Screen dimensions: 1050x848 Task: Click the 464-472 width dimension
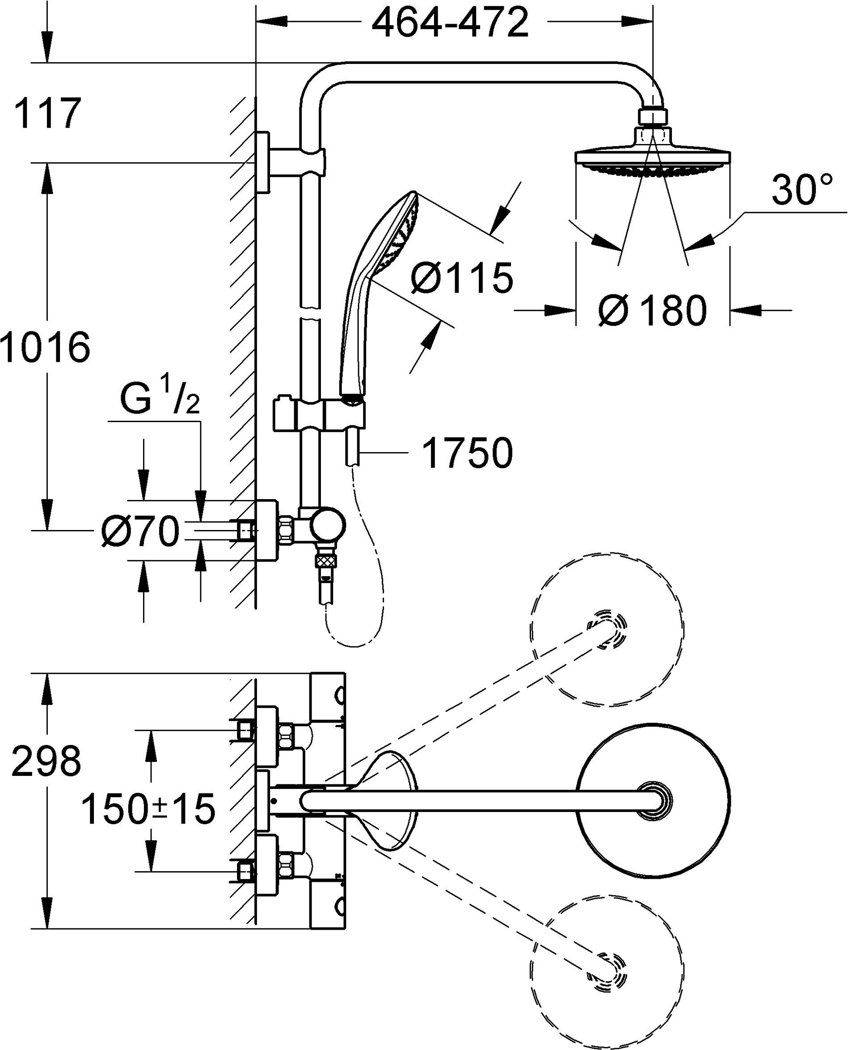tap(450, 22)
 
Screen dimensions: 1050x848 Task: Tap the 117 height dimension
tap(47, 114)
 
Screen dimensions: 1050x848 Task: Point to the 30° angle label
tap(802, 190)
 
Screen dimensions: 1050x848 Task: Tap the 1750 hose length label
tap(467, 453)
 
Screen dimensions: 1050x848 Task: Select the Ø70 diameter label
tap(140, 532)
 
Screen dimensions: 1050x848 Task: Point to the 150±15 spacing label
tap(148, 809)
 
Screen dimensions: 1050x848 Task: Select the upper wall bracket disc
tap(262, 162)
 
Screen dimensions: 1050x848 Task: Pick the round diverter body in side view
tap(328, 527)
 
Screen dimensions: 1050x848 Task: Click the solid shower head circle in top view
tap(653, 801)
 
